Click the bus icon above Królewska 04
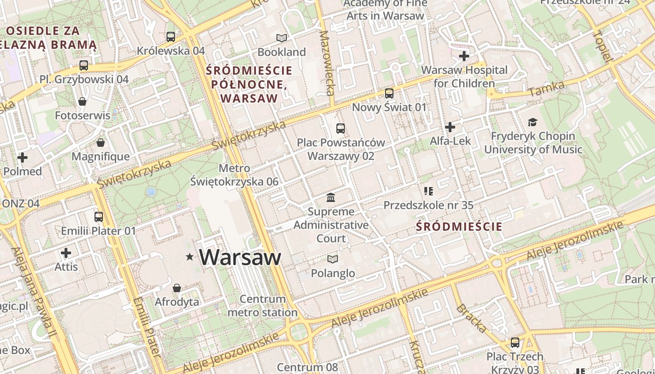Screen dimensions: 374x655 coord(171,36)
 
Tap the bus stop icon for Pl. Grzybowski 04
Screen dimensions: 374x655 coord(84,65)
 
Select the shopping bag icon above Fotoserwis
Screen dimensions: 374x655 coord(82,101)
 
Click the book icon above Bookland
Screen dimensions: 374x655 coord(281,38)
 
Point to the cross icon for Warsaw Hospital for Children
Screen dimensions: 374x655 coord(464,57)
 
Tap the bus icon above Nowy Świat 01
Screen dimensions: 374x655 coord(389,93)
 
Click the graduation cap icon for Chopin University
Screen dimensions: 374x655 coord(533,122)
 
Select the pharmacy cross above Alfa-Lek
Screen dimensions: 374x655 coord(450,127)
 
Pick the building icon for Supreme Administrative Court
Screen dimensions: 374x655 coord(331,197)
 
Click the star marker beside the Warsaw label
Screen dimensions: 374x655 coord(189,257)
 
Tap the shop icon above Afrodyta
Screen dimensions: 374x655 coord(177,288)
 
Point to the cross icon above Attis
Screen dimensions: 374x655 coord(66,253)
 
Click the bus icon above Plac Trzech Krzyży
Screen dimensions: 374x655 coord(515,343)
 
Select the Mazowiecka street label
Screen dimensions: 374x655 coord(327,63)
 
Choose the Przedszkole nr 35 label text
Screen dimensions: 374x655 coord(428,205)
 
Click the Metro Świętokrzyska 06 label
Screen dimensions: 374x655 coord(234,175)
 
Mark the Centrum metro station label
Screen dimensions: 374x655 coord(262,306)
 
